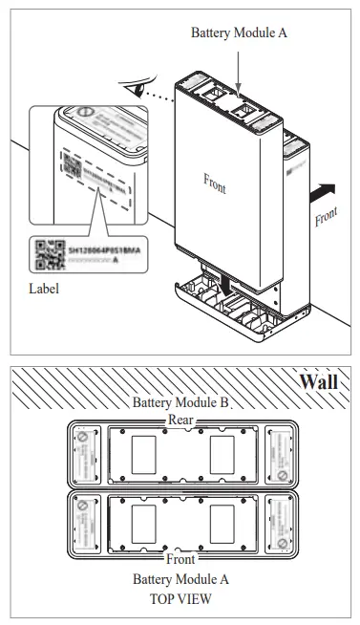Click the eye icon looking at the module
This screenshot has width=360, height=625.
[143, 91]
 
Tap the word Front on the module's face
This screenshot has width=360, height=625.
[215, 183]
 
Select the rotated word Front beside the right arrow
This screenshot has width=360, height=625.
[326, 217]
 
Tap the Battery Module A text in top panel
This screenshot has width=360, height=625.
[239, 32]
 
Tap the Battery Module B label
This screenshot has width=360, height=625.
[180, 402]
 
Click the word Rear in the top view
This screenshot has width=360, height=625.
[180, 419]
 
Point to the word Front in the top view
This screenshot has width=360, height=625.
[180, 558]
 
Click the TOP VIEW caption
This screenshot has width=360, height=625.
[180, 599]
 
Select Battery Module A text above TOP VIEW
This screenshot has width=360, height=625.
[180, 579]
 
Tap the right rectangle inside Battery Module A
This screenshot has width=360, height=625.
[222, 523]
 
